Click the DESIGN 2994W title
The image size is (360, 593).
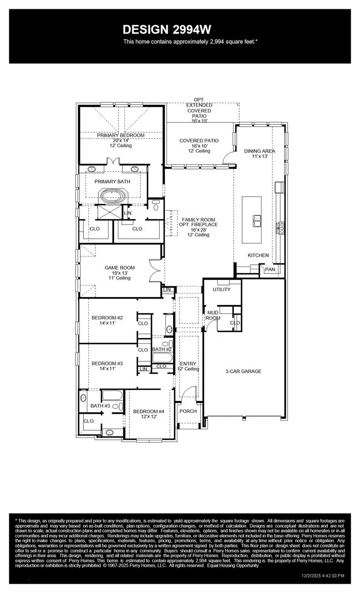(x=167, y=30)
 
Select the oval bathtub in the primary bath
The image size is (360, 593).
(x=114, y=196)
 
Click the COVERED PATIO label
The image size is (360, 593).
(x=199, y=141)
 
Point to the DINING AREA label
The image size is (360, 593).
(x=259, y=151)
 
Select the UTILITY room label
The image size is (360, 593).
(x=221, y=289)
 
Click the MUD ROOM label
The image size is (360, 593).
(x=213, y=315)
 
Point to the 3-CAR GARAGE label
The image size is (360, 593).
(x=243, y=372)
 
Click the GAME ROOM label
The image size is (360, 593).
(x=120, y=268)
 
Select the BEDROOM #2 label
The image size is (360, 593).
(x=107, y=318)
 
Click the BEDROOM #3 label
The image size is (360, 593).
(x=107, y=364)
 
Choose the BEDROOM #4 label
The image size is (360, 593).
(x=149, y=411)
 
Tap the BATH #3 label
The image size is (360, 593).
(x=100, y=405)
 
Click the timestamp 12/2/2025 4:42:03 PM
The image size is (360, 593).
(x=322, y=576)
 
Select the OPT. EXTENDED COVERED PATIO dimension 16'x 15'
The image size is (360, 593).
(x=199, y=120)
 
